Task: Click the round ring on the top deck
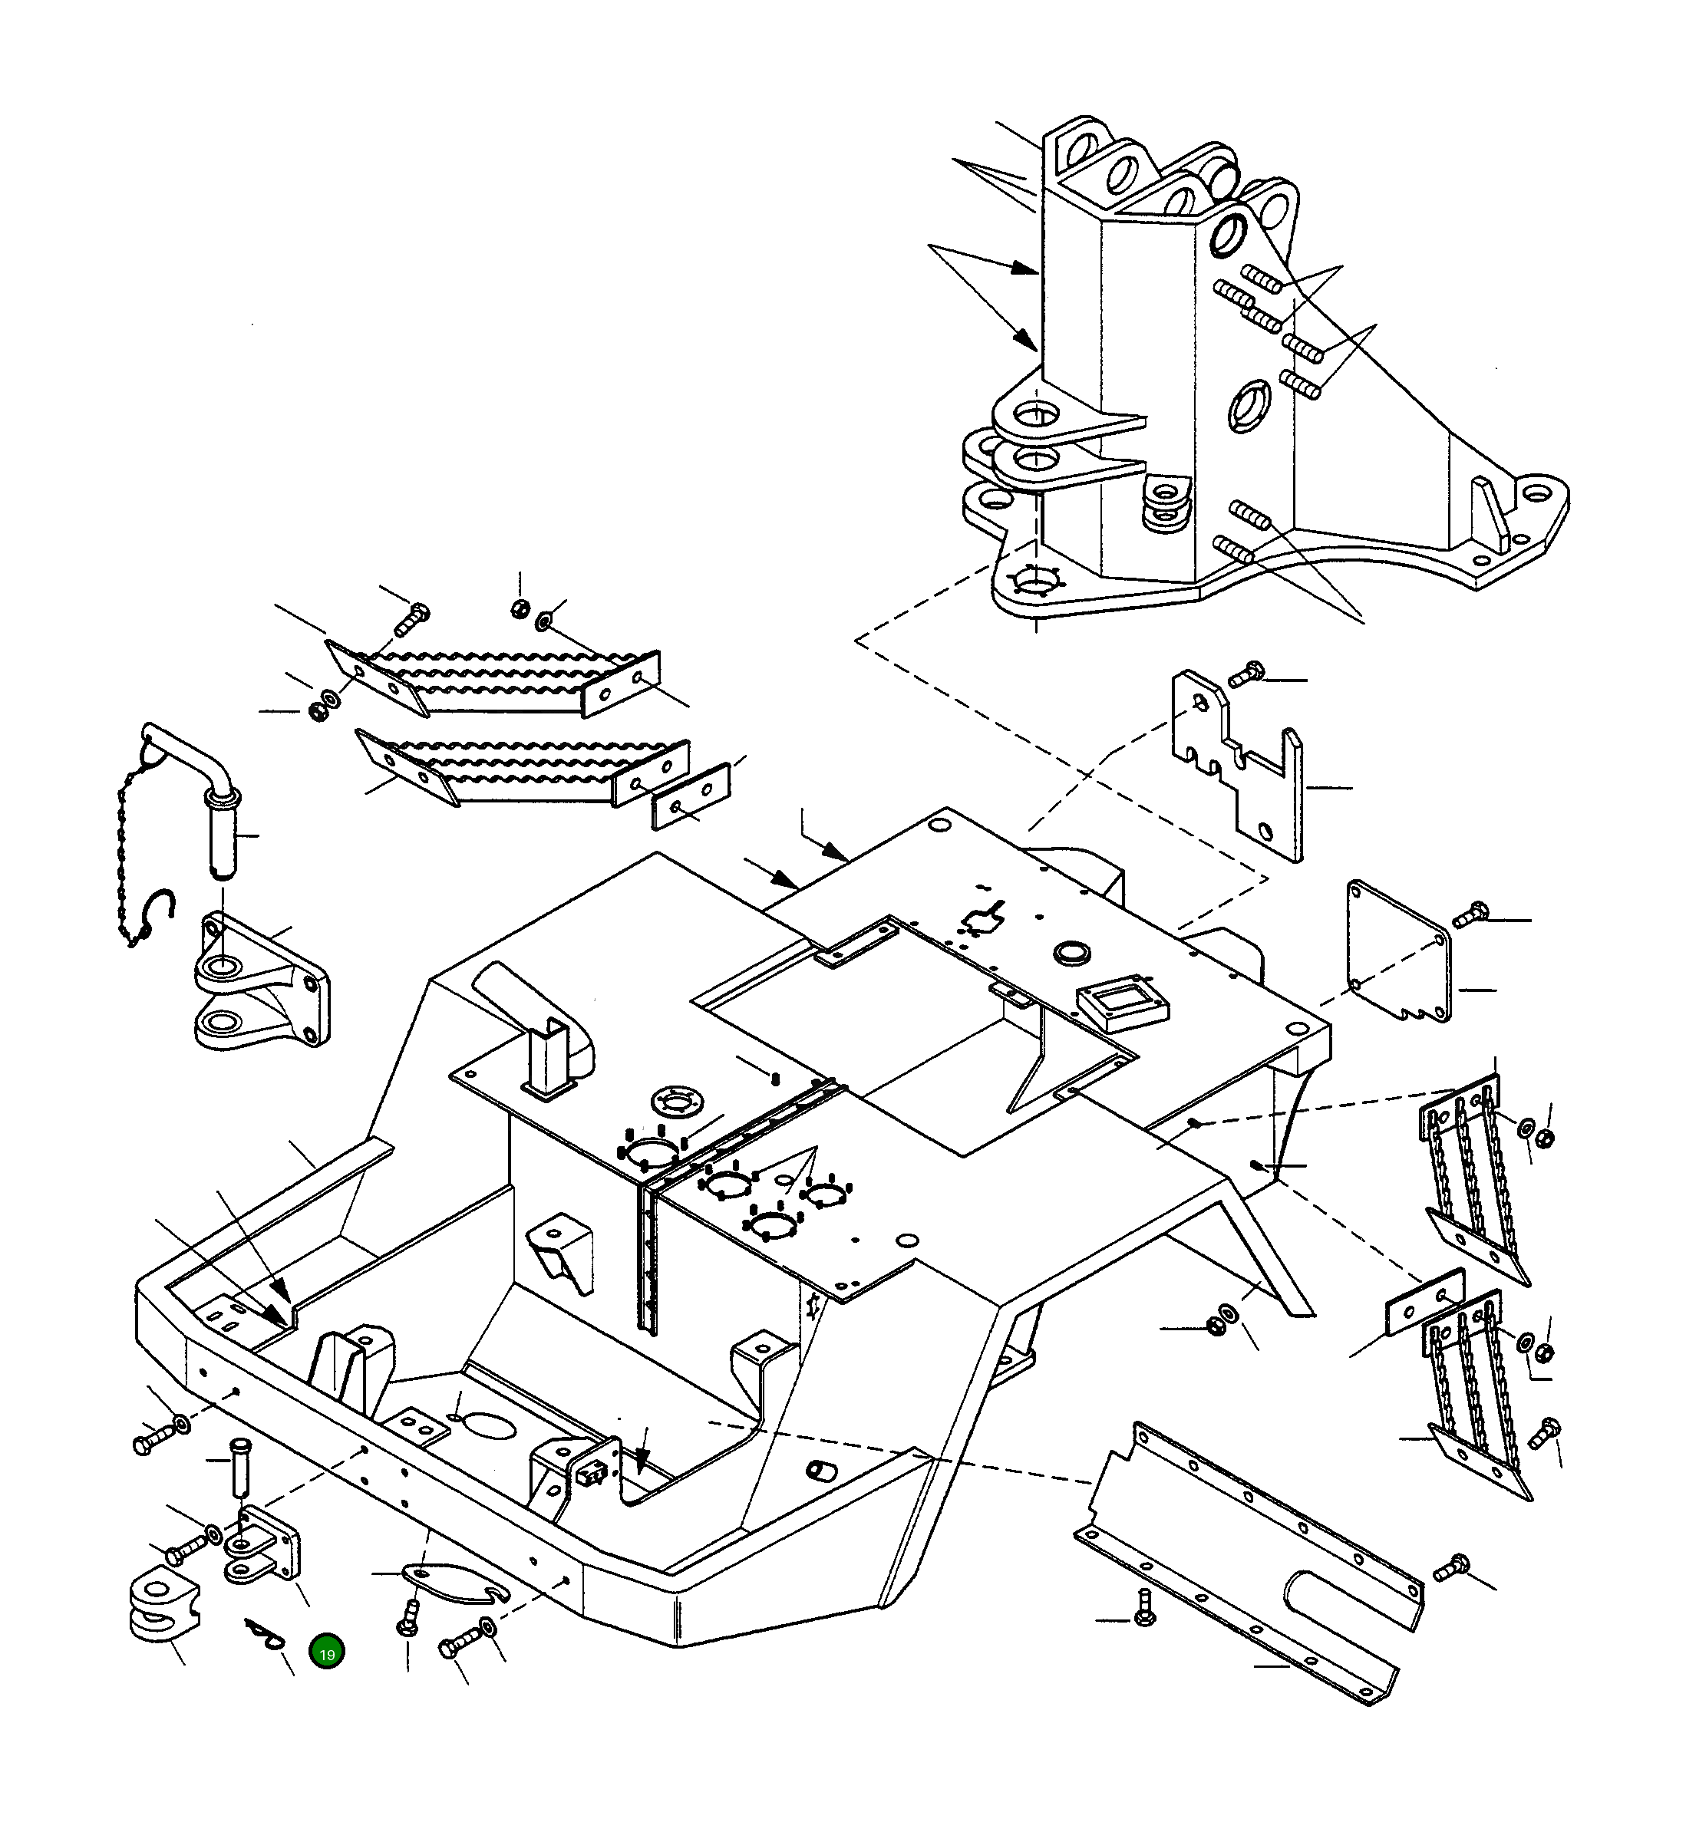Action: click(1072, 954)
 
